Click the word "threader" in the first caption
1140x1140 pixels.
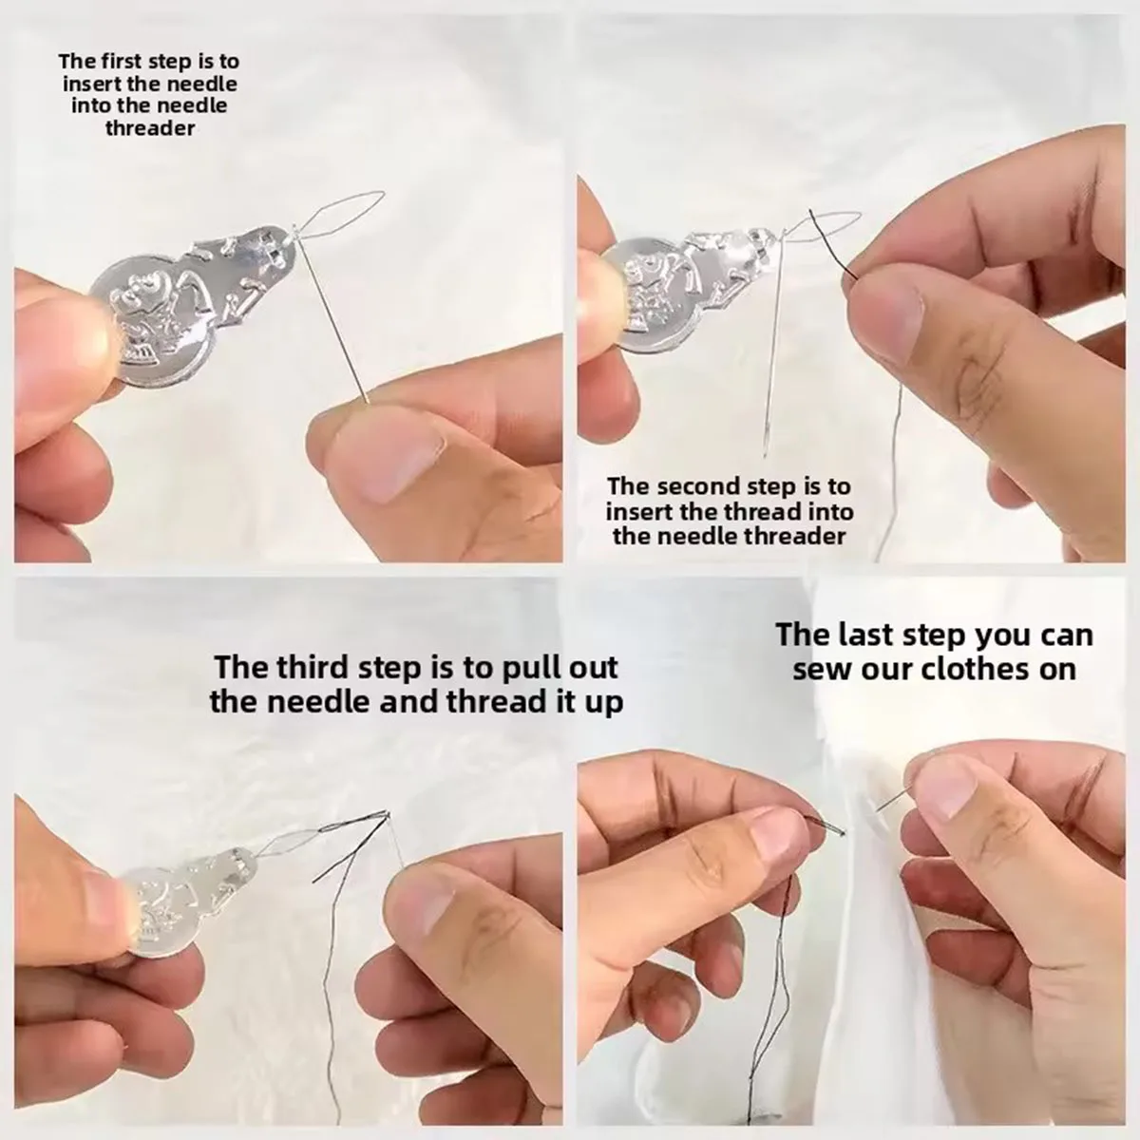coord(149,127)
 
